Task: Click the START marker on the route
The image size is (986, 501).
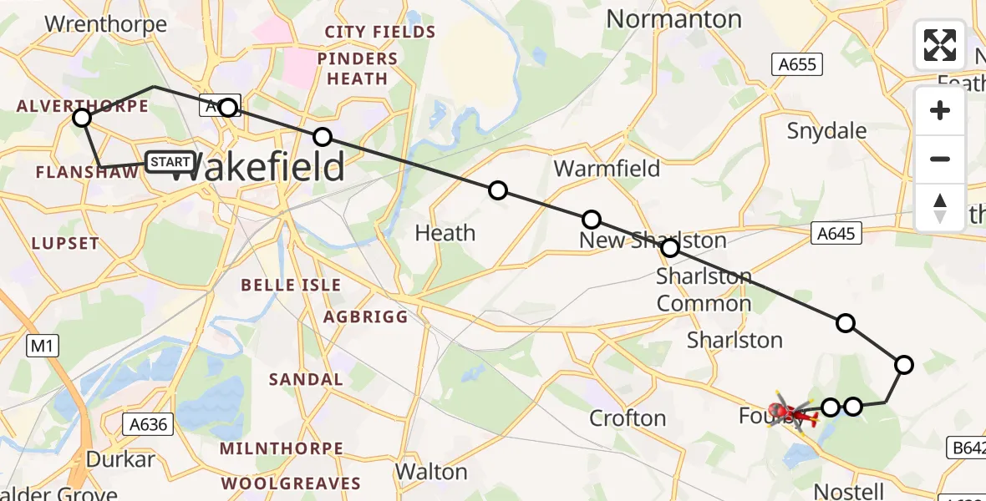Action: tap(170, 161)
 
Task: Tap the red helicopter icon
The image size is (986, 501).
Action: tap(790, 411)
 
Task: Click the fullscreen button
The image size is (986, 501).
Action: tap(940, 45)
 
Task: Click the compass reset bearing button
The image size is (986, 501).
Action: tap(940, 208)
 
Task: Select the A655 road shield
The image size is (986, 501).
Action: tap(798, 64)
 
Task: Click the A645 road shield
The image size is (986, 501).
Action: tap(836, 234)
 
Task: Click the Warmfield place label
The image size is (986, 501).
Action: tap(607, 169)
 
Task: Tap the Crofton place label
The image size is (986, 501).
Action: tap(628, 417)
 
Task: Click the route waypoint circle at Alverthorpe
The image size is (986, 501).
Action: tap(82, 118)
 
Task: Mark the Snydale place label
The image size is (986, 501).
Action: tap(826, 131)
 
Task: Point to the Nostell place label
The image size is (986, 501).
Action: tap(849, 490)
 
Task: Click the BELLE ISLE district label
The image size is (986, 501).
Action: tap(291, 285)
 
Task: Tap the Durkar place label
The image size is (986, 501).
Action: tap(120, 459)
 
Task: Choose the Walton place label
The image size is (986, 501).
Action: tap(430, 471)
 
